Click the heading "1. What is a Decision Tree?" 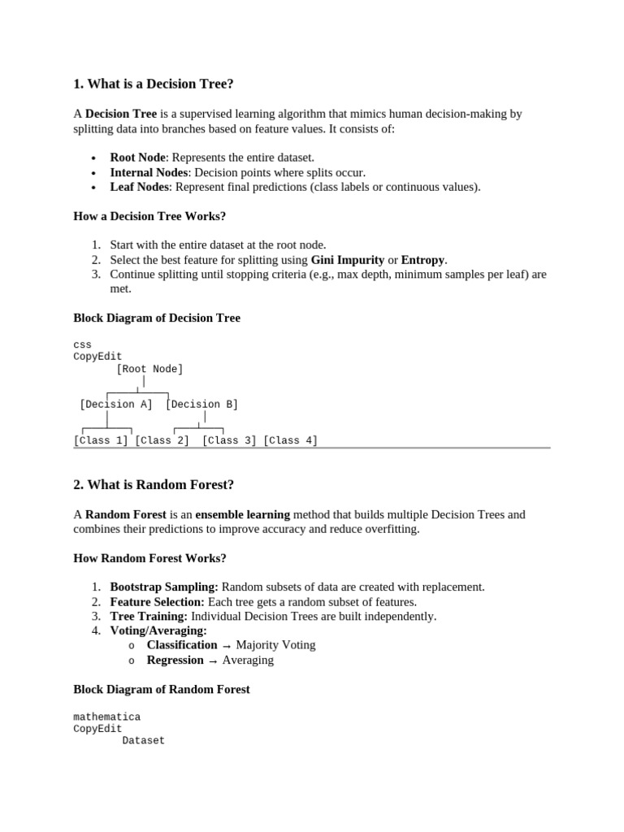coord(158,84)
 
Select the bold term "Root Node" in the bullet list coord(137,157)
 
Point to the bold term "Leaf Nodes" coord(139,187)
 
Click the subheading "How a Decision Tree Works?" coord(149,216)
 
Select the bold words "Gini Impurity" coord(348,260)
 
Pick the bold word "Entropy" coord(422,260)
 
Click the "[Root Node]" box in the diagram coord(149,369)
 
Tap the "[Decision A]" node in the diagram coord(116,404)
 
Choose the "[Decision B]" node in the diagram coord(201,404)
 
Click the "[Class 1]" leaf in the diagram coord(101,440)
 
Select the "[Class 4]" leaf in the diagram coord(290,440)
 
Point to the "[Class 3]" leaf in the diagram coord(229,440)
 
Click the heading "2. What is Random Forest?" coord(154,484)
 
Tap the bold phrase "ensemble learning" coord(242,514)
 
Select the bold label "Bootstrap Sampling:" coord(164,587)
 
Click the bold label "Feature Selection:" coord(158,601)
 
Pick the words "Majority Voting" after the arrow coord(275,645)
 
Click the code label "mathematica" coord(106,717)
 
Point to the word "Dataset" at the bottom coord(143,740)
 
